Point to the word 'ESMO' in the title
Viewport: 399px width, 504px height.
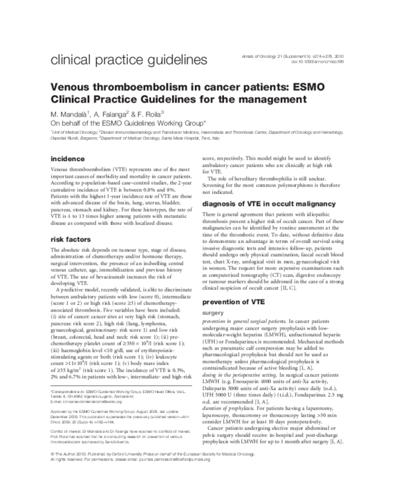coord(271,87)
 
